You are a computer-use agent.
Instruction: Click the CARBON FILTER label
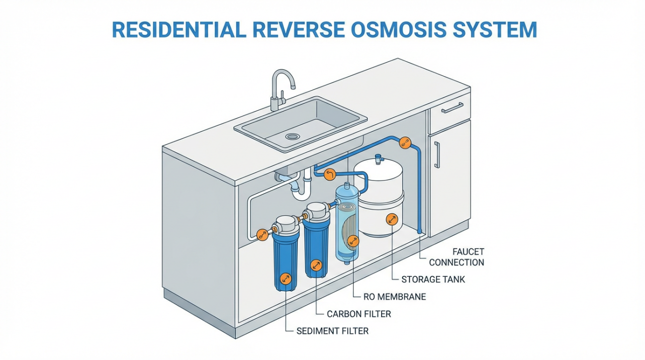[358, 314]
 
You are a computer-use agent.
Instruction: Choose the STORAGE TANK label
[433, 279]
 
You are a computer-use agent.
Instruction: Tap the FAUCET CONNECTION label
[456, 256]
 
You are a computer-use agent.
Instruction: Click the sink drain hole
[292, 136]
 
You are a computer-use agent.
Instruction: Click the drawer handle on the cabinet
[451, 108]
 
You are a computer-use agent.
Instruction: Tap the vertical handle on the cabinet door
[436, 154]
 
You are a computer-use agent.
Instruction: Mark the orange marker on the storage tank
[391, 219]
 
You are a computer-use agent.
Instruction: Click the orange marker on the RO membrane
[353, 241]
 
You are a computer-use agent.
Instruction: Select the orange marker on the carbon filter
[316, 265]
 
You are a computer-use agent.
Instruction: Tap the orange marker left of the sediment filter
[261, 234]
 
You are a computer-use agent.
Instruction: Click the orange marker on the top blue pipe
[405, 143]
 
